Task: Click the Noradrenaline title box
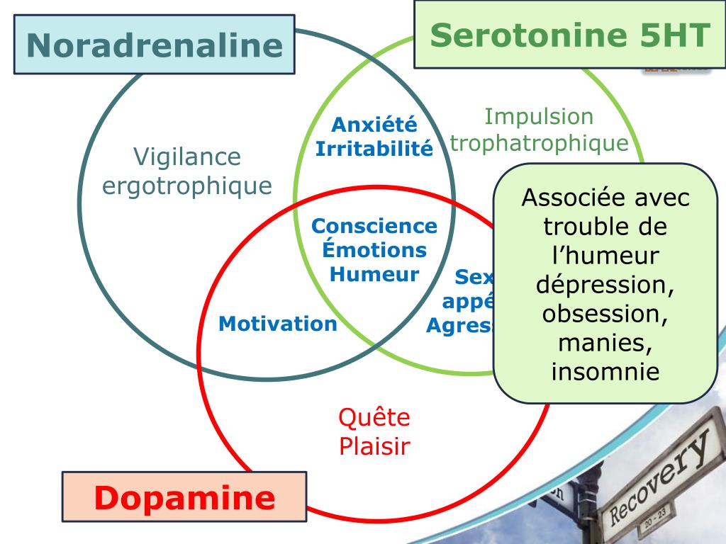click(155, 45)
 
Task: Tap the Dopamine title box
click(184, 497)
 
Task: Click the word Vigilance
click(187, 157)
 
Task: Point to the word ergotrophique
click(187, 186)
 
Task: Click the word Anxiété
click(374, 125)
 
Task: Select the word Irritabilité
click(374, 149)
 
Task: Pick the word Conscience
click(374, 226)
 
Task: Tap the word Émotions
click(374, 249)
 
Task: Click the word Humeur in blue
click(374, 273)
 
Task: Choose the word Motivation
click(278, 324)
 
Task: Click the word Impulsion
click(539, 116)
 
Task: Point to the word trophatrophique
click(539, 143)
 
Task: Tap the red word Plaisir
click(374, 446)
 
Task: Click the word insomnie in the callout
click(605, 371)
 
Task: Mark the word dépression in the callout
click(605, 285)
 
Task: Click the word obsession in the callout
click(605, 314)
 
